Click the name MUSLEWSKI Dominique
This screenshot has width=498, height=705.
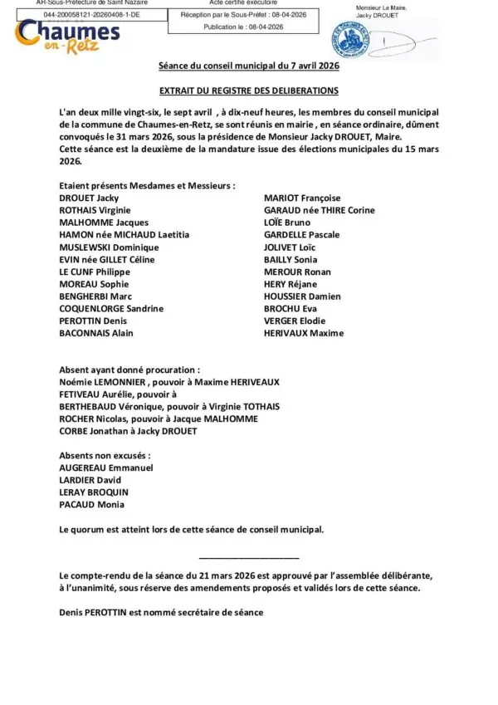coord(109,247)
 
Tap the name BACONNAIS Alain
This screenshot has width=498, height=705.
coord(95,333)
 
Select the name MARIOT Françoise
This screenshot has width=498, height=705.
coord(301,198)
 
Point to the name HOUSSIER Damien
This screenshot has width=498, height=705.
coord(302,296)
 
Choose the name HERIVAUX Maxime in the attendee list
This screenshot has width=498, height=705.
coord(303,333)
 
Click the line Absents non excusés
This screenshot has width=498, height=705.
coord(105,456)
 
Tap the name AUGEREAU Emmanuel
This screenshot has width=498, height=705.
coord(105,468)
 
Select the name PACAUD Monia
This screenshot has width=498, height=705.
coord(91,504)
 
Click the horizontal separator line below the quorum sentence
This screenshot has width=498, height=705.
coord(249,556)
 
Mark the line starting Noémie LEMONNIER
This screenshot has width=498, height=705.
coord(169,381)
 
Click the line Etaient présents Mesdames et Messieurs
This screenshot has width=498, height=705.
coord(147,186)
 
